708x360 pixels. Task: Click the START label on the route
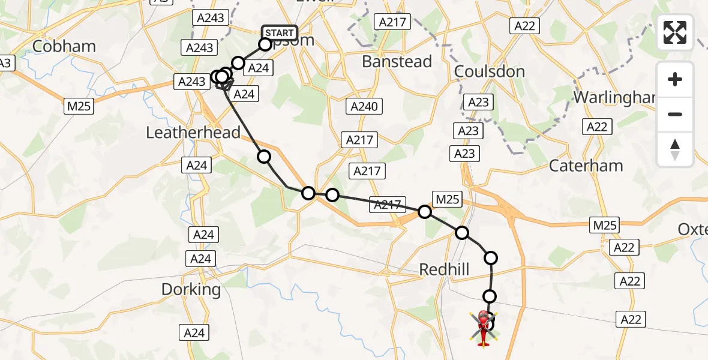click(280, 32)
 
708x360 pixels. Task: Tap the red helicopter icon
click(483, 327)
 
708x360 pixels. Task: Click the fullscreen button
click(675, 32)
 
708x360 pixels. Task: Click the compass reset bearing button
click(675, 149)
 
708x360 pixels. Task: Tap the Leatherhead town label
click(193, 133)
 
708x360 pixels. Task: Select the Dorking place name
click(191, 290)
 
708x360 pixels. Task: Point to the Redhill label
click(444, 270)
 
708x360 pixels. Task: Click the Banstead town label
click(397, 62)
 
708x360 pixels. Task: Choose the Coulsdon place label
click(490, 71)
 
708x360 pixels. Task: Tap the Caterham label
click(586, 166)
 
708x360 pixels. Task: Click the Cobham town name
click(64, 46)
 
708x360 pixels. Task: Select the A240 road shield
click(363, 107)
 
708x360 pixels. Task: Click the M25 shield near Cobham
click(80, 106)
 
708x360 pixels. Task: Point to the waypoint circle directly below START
click(265, 44)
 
